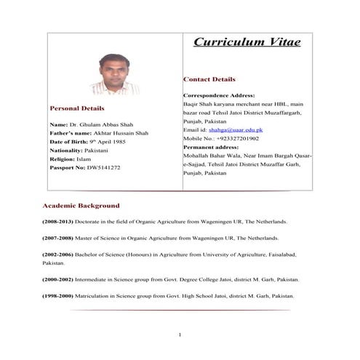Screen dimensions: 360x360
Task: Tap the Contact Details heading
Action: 209,79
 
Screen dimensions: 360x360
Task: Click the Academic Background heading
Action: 81,206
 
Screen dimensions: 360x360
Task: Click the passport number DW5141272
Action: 100,167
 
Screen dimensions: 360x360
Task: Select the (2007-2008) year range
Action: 61,239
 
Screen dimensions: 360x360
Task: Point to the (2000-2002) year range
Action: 61,279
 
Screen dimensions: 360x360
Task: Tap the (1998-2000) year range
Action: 61,296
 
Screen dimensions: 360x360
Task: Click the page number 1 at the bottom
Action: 180,335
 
